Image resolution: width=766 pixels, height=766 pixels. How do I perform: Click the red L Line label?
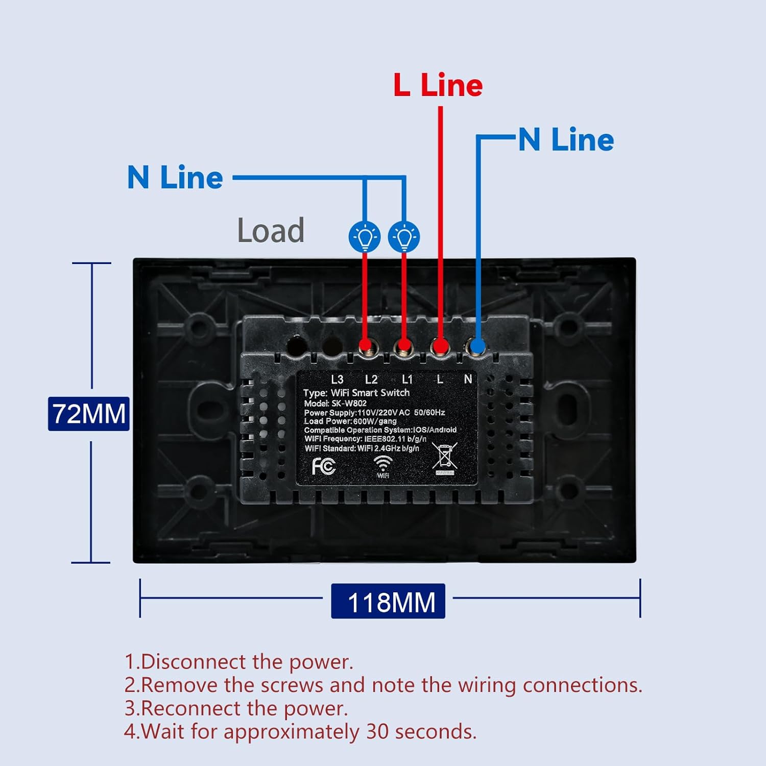point(438,85)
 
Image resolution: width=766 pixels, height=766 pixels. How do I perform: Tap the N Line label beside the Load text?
point(175,177)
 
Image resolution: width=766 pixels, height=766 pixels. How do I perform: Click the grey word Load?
point(271,230)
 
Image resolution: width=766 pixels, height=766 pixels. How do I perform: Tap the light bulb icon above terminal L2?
point(365,236)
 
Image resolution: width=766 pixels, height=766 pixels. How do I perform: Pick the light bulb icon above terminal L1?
point(404,236)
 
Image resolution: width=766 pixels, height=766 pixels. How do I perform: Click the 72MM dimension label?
point(89,414)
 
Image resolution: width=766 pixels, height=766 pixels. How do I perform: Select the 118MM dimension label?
point(388,601)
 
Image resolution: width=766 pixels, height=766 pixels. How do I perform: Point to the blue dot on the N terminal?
point(477,347)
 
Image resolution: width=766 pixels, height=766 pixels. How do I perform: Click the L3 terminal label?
point(337,379)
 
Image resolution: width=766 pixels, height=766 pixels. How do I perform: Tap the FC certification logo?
point(324,466)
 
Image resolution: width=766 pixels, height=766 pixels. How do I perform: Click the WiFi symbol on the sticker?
point(383,466)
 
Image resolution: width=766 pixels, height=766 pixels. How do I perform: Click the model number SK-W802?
point(349,403)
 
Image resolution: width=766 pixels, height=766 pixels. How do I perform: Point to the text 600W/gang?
point(375,421)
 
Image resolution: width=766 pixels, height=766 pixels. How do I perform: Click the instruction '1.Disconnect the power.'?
point(239,662)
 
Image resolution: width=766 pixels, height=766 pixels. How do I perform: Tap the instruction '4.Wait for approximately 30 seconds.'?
point(300,732)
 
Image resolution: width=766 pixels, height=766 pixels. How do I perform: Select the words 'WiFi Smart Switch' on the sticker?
point(370,393)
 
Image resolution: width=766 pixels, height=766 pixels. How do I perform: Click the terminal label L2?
point(371,379)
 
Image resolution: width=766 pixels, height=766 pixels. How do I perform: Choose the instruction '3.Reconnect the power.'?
point(236,708)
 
